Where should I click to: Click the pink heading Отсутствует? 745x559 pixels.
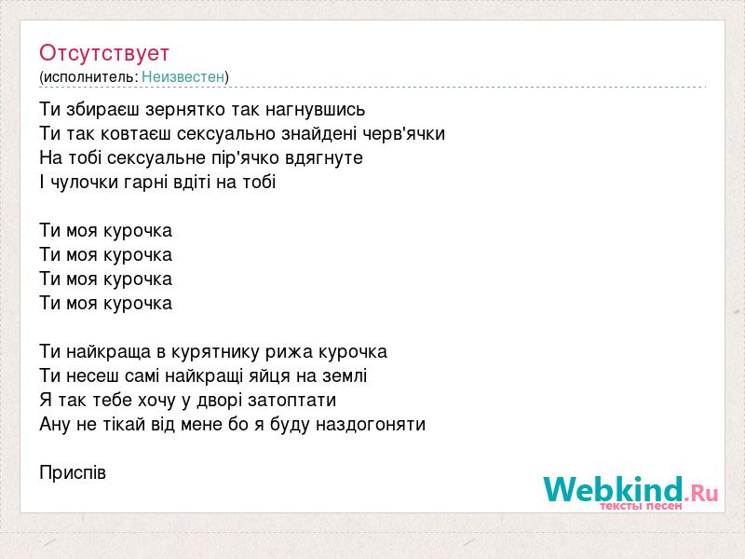[104, 53]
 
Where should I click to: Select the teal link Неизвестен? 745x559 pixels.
[183, 76]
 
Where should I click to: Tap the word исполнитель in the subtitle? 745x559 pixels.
[89, 77]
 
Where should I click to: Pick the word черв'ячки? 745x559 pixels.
[404, 133]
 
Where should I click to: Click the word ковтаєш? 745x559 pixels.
[136, 134]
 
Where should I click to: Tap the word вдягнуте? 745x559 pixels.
[324, 157]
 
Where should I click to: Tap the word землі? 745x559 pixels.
[345, 376]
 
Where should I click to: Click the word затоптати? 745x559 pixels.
[291, 401]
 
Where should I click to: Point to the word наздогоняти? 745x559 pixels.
[371, 424]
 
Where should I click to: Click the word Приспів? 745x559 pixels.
[73, 473]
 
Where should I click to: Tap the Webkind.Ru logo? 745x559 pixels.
[630, 493]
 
